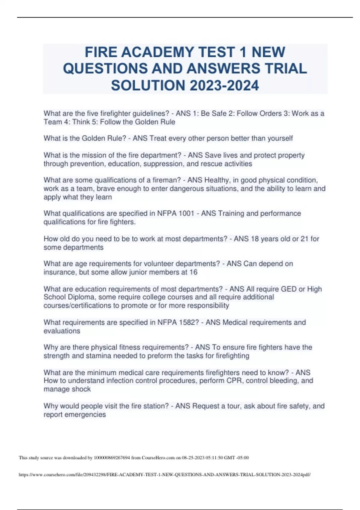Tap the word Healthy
(217, 180)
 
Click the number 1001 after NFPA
(186, 213)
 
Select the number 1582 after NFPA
(187, 322)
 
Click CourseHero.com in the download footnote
(158, 458)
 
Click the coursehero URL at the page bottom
(164, 475)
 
